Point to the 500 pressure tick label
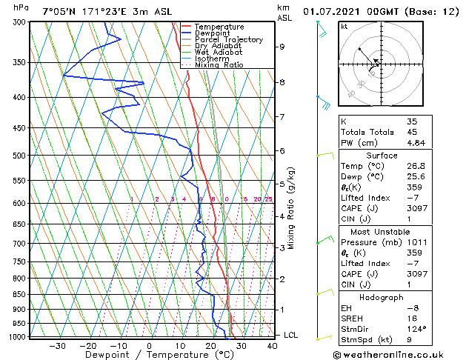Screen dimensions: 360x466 [x=21, y=156]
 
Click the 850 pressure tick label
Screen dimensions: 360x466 [x=21, y=294]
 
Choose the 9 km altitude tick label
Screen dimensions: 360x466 [x=282, y=47]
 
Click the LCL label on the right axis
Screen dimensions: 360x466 [x=290, y=335]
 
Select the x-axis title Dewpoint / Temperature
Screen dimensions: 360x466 [x=148, y=355]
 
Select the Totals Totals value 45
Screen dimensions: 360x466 [x=412, y=133]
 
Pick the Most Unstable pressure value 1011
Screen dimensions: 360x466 [x=416, y=242]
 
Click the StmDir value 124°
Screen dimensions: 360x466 [x=416, y=329]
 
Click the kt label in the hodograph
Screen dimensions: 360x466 [x=344, y=27]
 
